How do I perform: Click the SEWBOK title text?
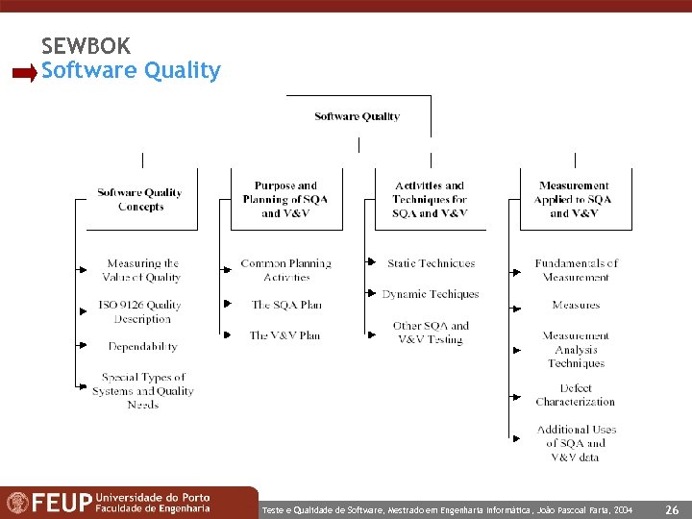tap(86, 45)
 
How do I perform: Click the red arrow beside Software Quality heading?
tap(25, 72)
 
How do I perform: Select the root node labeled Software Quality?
tap(357, 116)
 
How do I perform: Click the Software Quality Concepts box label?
tap(140, 200)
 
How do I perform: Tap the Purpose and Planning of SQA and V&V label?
tap(285, 199)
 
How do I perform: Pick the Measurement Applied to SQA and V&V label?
tap(574, 199)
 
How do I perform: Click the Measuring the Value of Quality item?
tap(142, 270)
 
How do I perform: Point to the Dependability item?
tap(142, 346)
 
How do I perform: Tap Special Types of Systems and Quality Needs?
tap(142, 390)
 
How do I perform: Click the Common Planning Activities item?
tap(285, 270)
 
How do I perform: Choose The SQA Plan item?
tap(285, 305)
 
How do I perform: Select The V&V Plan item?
tap(284, 335)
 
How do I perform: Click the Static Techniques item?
tap(431, 262)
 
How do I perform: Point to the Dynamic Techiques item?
tap(430, 294)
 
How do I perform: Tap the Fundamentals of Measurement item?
tap(576, 270)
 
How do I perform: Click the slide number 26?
tap(673, 509)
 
